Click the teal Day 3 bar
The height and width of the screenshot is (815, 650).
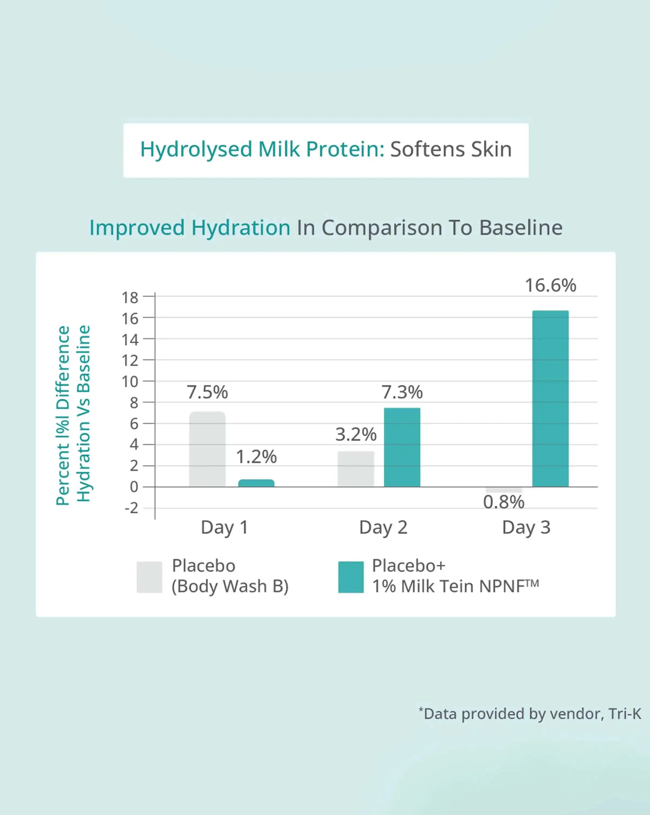550,399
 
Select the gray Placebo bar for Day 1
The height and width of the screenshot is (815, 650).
207,449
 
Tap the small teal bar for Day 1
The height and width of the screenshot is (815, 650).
256,483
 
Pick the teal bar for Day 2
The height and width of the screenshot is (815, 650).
402,447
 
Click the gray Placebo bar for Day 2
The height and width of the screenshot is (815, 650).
356,469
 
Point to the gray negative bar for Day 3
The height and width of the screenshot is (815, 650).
504,490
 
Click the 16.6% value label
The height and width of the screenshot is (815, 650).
550,285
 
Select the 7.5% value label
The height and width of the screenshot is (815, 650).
207,392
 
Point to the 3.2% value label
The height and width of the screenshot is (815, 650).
356,434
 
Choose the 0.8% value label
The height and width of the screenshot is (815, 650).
504,502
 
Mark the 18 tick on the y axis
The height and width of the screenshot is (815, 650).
130,298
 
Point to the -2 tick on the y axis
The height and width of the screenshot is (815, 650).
132,508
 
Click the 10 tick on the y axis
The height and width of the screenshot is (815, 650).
130,382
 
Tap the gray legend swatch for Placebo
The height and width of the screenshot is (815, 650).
149,577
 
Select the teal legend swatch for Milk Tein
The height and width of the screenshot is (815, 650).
351,577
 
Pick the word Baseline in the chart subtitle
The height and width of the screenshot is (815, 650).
521,228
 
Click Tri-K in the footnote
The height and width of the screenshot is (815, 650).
625,714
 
